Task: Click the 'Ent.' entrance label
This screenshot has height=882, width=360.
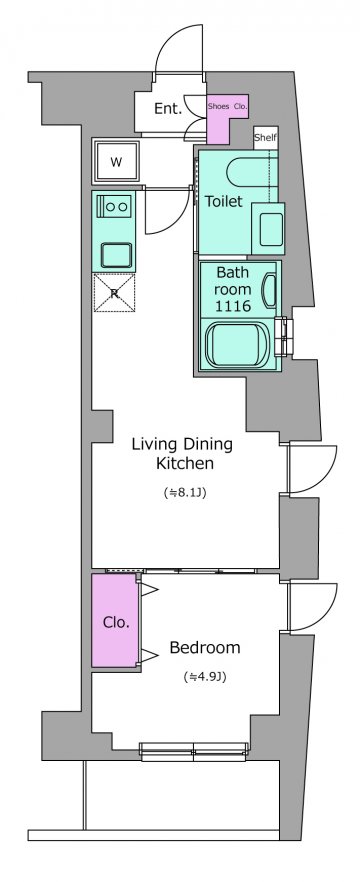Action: [168, 109]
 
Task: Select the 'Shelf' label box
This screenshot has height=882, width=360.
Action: [266, 138]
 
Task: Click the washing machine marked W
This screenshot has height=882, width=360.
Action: [116, 163]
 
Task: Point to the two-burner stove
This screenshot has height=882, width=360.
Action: [115, 206]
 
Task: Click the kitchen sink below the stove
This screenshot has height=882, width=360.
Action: [116, 255]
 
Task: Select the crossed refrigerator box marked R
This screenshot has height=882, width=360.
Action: [115, 292]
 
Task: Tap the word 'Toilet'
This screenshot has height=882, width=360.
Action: [224, 201]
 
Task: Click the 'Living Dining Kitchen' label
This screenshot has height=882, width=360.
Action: [182, 453]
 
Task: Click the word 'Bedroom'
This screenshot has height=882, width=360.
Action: [205, 647]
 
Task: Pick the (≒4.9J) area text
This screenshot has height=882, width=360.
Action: [205, 677]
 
